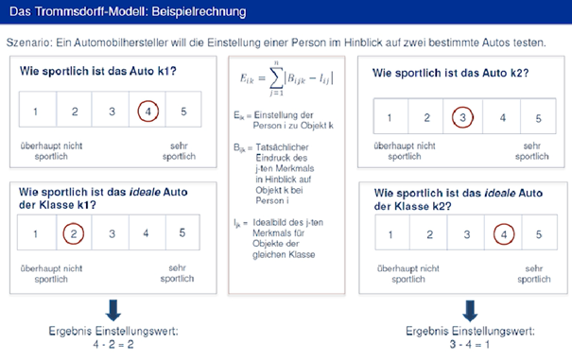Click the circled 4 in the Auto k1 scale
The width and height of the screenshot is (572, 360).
tap(148, 111)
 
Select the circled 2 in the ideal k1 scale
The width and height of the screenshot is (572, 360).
tap(74, 232)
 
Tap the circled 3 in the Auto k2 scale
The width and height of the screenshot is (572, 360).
tap(462, 118)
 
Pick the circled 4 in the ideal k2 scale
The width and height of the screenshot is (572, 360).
tap(504, 232)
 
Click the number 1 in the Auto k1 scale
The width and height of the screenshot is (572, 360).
tap(35, 111)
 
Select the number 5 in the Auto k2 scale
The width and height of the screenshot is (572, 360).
tap(537, 118)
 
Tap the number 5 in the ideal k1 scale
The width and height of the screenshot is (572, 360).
tap(182, 232)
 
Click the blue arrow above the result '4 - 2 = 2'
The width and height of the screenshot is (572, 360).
tap(113, 309)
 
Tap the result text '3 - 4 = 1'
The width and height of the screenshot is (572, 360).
tap(470, 346)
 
